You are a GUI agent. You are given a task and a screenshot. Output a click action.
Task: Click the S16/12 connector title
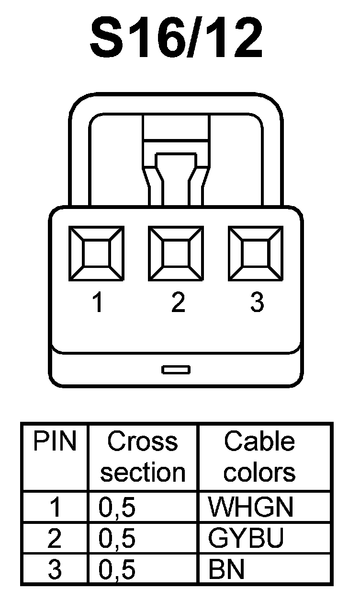177,38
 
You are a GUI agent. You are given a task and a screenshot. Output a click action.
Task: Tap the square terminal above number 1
97,254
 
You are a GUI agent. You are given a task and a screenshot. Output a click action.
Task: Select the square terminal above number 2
176,254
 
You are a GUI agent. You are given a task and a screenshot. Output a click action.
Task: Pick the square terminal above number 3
256,254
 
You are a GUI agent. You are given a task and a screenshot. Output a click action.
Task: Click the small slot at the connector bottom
176,369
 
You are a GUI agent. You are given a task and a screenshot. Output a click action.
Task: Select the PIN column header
55,441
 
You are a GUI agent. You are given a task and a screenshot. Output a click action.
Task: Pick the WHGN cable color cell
250,507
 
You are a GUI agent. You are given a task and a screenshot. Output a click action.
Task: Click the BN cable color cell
226,570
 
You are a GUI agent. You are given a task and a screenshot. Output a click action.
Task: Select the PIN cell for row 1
55,507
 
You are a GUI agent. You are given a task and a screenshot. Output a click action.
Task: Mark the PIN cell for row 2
55,539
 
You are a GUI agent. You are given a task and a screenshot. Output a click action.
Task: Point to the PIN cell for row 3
55,570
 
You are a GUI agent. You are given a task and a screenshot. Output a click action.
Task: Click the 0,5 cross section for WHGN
117,507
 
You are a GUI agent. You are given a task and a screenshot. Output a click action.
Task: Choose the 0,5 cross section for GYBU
117,539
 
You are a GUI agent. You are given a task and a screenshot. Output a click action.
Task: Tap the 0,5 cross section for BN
117,570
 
